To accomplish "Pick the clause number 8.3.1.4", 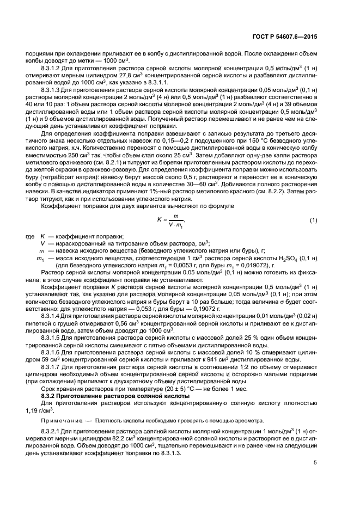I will coord(52,315).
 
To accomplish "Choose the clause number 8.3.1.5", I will coord(52,338).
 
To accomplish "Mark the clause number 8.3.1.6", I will coord(52,352).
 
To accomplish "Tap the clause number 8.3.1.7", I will coord(52,367).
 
